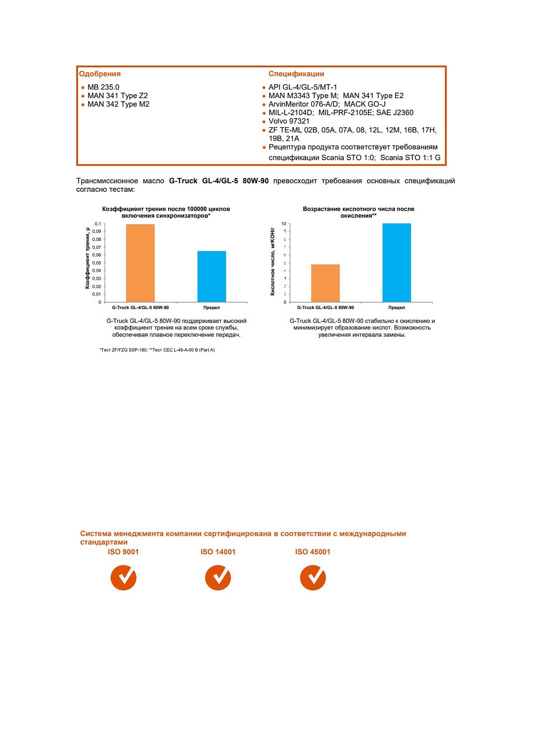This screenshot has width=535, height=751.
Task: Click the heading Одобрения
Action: click(x=100, y=74)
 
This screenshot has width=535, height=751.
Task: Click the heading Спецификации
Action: click(x=296, y=74)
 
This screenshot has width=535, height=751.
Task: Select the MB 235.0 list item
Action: click(x=103, y=87)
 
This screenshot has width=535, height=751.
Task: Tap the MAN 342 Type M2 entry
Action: click(x=118, y=104)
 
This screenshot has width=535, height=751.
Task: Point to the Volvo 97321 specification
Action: click(x=289, y=121)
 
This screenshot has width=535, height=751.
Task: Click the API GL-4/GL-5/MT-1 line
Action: click(x=302, y=87)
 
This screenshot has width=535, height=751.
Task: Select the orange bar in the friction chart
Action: click(x=140, y=263)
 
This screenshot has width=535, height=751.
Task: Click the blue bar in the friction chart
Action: click(x=212, y=276)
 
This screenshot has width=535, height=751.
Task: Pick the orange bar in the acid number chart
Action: click(x=325, y=283)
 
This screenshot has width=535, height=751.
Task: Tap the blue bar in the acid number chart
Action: click(x=396, y=263)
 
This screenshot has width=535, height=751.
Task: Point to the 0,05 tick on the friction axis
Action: click(x=97, y=263)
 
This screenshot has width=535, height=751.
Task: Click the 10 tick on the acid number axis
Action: click(x=284, y=224)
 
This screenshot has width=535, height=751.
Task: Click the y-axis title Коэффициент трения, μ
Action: click(x=88, y=258)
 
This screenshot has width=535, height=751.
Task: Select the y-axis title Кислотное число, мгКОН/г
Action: click(x=273, y=261)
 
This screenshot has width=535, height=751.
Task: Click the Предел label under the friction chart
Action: click(x=212, y=307)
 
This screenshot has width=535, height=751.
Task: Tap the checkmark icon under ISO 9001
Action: click(x=123, y=578)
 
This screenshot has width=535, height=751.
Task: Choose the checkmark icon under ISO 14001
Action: click(x=218, y=578)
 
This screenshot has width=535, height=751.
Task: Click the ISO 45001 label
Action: click(x=313, y=552)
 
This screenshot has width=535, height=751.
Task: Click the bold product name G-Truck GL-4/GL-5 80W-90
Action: click(x=219, y=181)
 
